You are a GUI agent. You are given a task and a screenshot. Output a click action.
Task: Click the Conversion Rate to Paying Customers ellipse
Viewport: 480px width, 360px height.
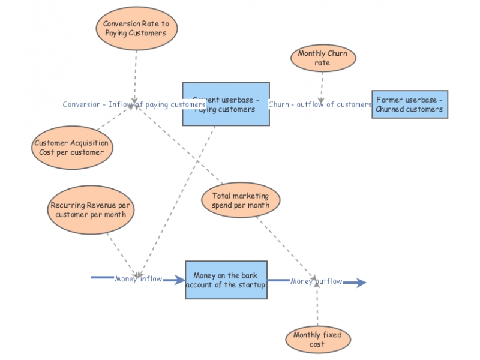pos(136,29)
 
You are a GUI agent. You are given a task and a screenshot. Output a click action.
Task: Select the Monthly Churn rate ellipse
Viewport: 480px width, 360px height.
pos(323,58)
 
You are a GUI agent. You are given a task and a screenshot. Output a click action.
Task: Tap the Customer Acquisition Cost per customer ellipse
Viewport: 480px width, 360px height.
pos(71,148)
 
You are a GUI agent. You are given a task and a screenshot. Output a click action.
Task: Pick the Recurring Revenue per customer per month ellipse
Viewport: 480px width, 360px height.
pos(91,209)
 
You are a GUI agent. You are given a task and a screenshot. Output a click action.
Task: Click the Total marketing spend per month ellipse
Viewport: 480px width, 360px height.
pos(241,200)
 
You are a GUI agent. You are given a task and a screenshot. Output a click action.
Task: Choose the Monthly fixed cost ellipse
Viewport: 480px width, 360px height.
pos(317,340)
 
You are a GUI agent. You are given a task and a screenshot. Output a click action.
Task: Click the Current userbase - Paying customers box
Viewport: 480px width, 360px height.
pos(226,104)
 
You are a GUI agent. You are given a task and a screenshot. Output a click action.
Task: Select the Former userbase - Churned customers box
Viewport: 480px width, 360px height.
pos(410,104)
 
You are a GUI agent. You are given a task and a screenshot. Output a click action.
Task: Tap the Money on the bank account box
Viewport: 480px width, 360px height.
pos(226,280)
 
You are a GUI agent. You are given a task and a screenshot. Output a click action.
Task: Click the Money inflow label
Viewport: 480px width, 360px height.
pos(139,279)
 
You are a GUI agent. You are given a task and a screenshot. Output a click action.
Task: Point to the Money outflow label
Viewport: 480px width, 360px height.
pos(316,281)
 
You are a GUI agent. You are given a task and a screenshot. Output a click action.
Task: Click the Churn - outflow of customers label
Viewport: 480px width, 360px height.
pos(320,104)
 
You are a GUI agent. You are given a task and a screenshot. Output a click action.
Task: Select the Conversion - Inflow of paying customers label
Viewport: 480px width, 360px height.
pos(134,104)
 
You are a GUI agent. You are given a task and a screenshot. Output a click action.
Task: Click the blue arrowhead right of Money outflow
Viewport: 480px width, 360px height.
pos(359,283)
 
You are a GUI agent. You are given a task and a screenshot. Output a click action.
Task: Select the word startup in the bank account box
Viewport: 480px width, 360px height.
pos(252,285)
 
